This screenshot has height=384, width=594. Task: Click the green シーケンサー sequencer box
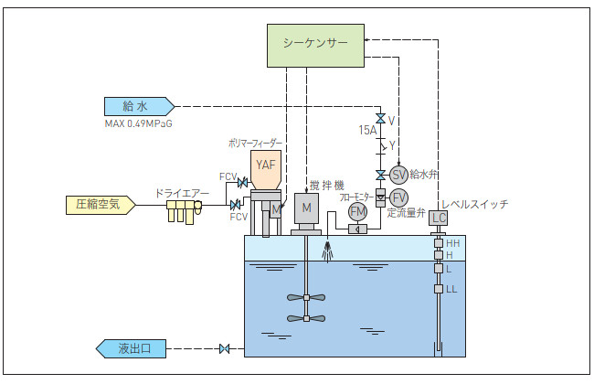[315, 46]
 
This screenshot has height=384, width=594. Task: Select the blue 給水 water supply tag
[140, 107]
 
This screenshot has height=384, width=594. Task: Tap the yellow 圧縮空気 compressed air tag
[101, 205]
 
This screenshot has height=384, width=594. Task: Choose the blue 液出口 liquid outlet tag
[131, 348]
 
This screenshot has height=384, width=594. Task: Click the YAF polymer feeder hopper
[266, 169]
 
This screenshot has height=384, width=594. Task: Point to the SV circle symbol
[398, 175]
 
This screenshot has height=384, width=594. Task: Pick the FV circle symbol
[398, 197]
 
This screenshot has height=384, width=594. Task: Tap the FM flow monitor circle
[357, 211]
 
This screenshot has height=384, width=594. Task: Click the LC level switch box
[439, 218]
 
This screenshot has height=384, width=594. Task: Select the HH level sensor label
[452, 243]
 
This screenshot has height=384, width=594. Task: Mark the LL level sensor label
[451, 289]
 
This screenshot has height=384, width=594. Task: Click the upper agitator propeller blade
[306, 297]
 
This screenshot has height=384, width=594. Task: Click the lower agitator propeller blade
[306, 318]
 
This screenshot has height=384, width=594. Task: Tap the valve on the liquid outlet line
[224, 348]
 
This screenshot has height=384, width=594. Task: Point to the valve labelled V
[380, 119]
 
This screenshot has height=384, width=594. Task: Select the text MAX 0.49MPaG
[138, 124]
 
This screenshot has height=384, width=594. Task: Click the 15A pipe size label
[367, 131]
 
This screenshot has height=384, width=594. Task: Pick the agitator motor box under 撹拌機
[306, 208]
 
